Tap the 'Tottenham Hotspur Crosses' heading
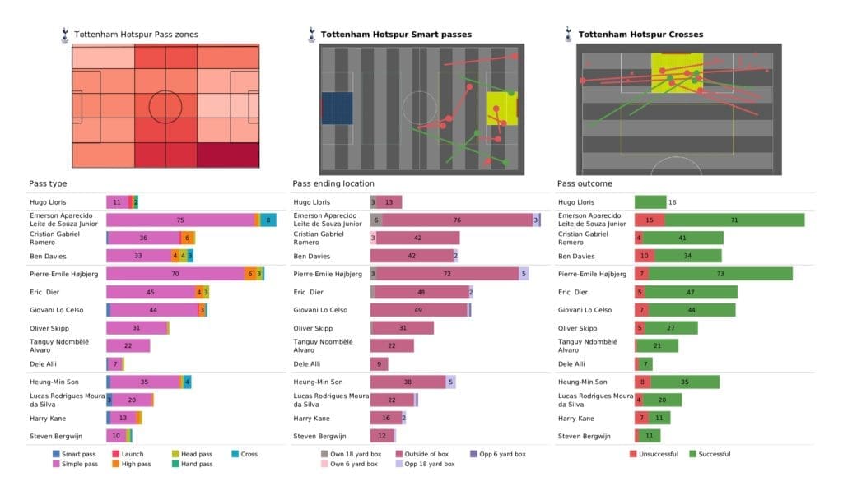point(640,35)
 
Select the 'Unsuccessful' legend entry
point(659,454)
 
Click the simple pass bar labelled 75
point(180,220)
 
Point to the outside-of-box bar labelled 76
point(456,220)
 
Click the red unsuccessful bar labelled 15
point(650,220)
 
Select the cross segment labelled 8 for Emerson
point(268,220)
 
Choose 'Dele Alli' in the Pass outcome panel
point(575,363)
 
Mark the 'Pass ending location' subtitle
point(333,183)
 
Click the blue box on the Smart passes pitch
point(337,108)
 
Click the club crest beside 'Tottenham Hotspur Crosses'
point(567,35)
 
